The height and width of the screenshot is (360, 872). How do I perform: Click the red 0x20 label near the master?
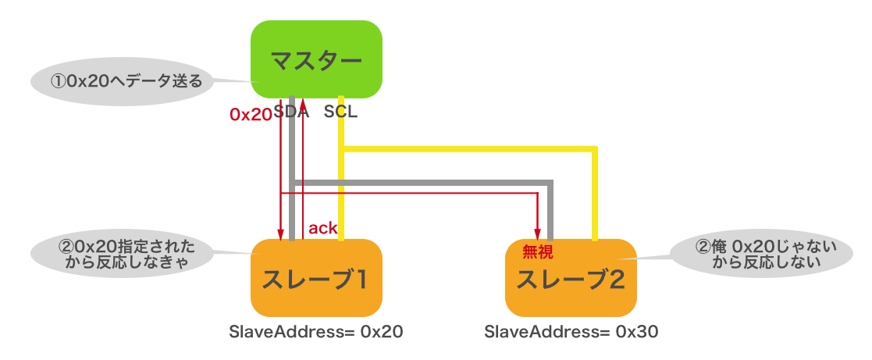click(250, 114)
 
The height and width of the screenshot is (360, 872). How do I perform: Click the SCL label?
click(340, 112)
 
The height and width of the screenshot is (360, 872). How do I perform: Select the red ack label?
click(322, 229)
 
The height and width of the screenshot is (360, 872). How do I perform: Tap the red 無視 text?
click(537, 251)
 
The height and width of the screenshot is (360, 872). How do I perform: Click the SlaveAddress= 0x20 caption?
click(316, 331)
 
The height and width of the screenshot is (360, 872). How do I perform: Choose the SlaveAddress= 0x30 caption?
click(571, 331)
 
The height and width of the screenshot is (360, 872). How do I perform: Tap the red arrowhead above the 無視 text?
click(537, 233)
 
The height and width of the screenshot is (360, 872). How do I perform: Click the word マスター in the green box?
click(316, 60)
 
